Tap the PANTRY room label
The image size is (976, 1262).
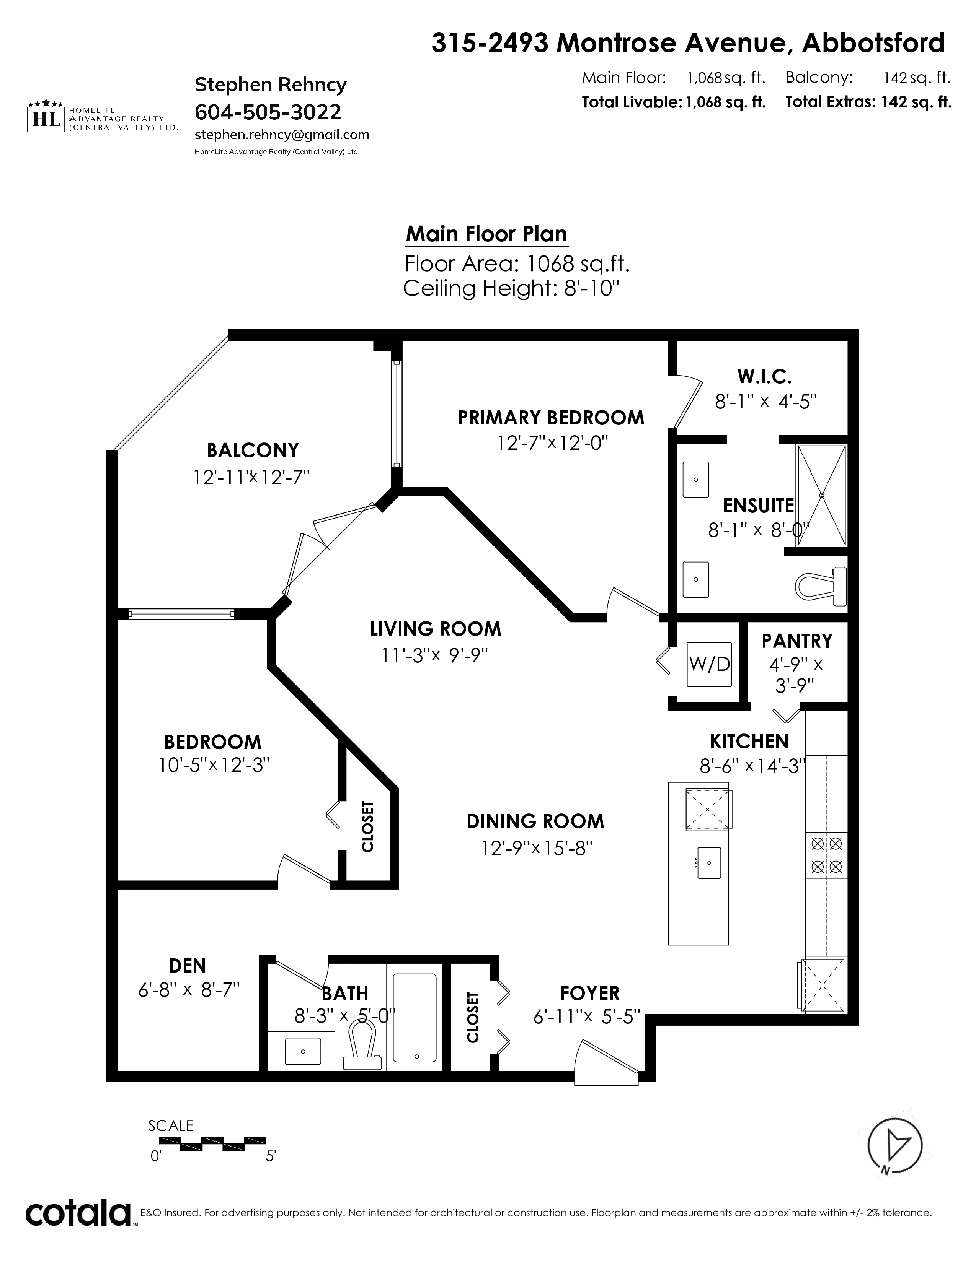click(797, 641)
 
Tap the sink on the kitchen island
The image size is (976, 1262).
click(709, 863)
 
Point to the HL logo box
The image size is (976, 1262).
click(46, 119)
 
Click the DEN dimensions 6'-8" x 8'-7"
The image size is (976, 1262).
click(188, 990)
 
